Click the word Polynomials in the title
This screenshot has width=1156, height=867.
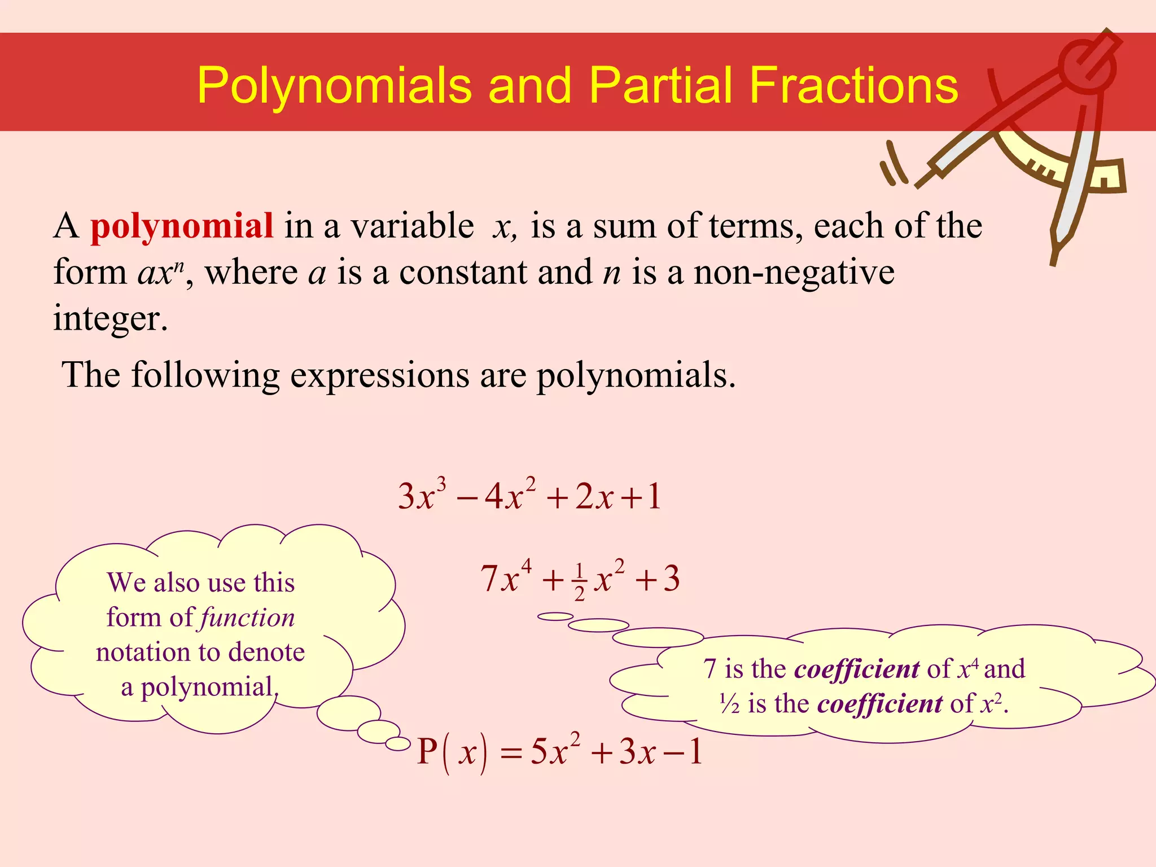click(334, 86)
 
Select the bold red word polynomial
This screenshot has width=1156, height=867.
click(182, 226)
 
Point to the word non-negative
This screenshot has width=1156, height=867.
click(794, 273)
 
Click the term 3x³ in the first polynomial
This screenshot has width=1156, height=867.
click(422, 495)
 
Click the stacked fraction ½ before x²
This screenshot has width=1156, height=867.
click(579, 581)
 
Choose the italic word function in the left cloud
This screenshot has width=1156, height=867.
click(247, 618)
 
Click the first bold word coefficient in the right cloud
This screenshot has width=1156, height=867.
click(857, 669)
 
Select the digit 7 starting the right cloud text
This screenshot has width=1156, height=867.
click(710, 669)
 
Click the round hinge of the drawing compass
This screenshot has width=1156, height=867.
click(1087, 66)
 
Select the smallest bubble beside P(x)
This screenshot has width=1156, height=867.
click(398, 744)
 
